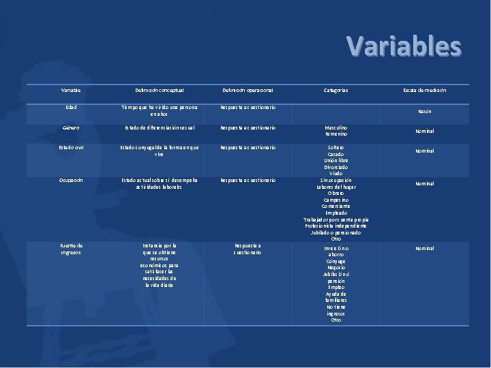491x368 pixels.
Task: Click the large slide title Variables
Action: click(x=404, y=46)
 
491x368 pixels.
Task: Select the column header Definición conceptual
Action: click(x=159, y=90)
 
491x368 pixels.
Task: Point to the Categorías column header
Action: click(x=336, y=90)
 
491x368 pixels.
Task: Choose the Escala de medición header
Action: click(x=424, y=90)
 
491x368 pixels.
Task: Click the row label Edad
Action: click(x=72, y=107)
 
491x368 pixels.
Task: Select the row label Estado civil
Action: click(x=72, y=147)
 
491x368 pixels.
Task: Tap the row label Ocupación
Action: click(x=72, y=180)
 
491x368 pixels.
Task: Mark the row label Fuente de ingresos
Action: click(x=71, y=249)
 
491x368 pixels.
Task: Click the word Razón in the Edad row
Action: click(x=424, y=111)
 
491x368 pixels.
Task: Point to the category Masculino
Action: click(x=336, y=127)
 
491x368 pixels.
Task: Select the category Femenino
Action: click(x=336, y=134)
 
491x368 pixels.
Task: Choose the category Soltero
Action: click(x=336, y=147)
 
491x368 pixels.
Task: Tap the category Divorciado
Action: click(x=336, y=167)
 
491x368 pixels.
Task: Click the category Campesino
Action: click(x=336, y=200)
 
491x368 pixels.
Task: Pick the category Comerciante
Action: click(x=336, y=206)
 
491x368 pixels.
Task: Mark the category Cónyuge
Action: click(x=336, y=262)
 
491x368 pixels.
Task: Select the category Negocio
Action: click(x=336, y=268)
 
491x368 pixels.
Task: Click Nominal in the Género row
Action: click(x=424, y=131)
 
